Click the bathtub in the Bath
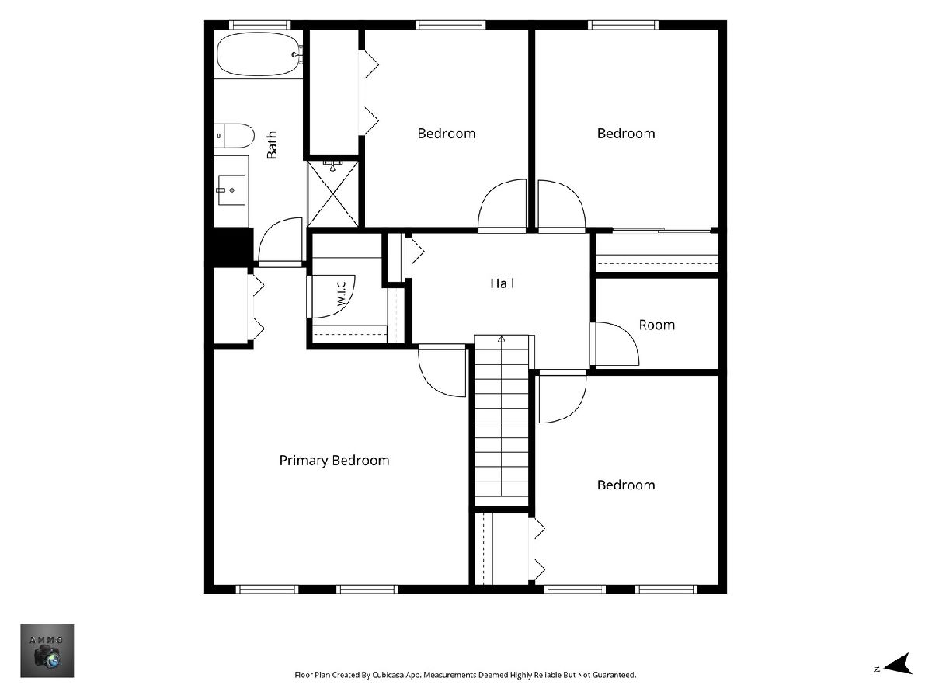coord(259,54)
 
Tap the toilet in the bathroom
coord(234,136)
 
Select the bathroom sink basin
coord(231,190)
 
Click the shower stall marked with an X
coord(333,193)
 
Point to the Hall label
coord(502,283)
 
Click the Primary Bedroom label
coord(334,461)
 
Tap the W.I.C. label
coord(342,293)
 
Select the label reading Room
coord(656,325)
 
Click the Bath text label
coord(272,145)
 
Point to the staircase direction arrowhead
coord(502,339)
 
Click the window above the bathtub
coord(260,25)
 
